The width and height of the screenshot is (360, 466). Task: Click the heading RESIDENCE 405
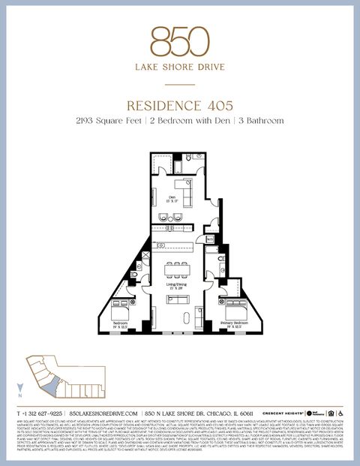click(179, 104)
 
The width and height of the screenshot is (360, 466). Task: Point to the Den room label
click(172, 199)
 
